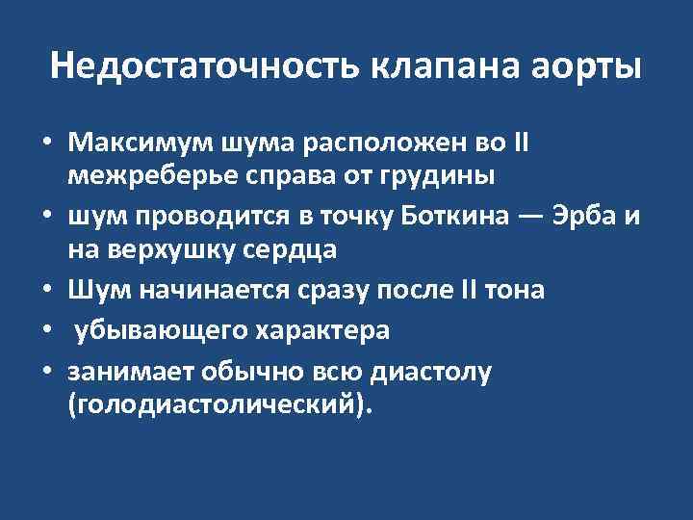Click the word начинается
coord(201,289)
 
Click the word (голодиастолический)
coord(218,404)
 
